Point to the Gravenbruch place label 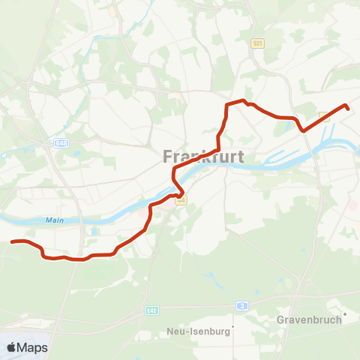(x=309, y=319)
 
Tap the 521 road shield (x=258, y=44)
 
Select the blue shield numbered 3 (x=241, y=305)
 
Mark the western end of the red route (x=11, y=241)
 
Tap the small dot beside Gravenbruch (x=344, y=314)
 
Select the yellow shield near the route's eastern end (x=324, y=116)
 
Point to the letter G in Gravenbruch (x=280, y=319)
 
